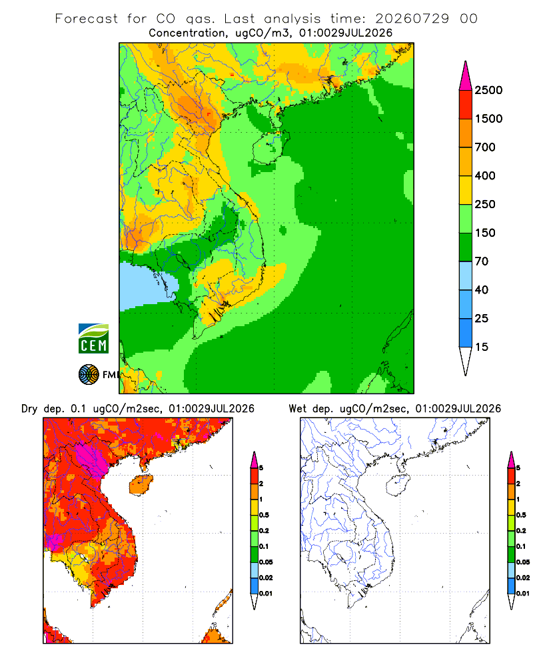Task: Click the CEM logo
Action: click(x=93, y=338)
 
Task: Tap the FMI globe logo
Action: click(x=89, y=375)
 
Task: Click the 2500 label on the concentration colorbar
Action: click(x=488, y=90)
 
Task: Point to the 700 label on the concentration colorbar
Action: click(x=486, y=147)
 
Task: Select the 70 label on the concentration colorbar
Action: click(x=482, y=261)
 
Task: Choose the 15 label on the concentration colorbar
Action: click(x=482, y=347)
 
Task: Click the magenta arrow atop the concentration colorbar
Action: click(x=466, y=76)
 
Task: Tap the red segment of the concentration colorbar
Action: click(x=466, y=105)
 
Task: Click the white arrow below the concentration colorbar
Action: click(x=466, y=361)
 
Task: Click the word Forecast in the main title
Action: click(x=87, y=19)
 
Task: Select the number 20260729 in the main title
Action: click(x=412, y=19)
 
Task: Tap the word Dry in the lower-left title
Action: click(x=29, y=410)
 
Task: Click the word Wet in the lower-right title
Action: click(x=298, y=409)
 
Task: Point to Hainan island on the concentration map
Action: click(x=268, y=147)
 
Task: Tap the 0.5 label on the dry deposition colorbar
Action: click(x=264, y=515)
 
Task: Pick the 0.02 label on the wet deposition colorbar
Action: click(x=523, y=578)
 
